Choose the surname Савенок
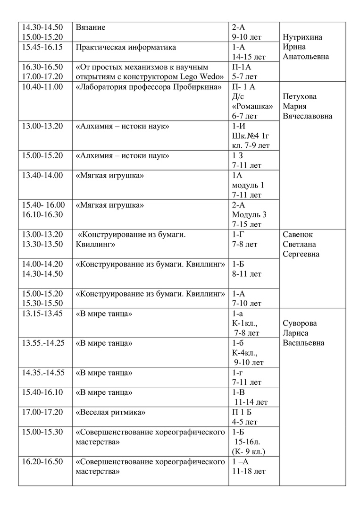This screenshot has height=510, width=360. [297, 234]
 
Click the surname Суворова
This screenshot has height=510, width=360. [300, 323]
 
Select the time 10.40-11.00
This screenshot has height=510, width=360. [42, 86]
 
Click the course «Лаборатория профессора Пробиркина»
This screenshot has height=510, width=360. [149, 86]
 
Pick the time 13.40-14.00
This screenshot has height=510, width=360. [42, 175]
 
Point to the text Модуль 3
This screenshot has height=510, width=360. [249, 214]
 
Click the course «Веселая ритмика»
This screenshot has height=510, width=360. [111, 412]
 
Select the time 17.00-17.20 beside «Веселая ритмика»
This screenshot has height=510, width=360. [42, 412]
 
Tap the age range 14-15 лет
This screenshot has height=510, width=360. [249, 57]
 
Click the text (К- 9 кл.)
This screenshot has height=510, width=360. [248, 451]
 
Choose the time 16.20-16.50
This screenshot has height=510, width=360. [42, 461]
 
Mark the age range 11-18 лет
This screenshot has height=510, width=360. [249, 471]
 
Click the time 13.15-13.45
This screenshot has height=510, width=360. [42, 314]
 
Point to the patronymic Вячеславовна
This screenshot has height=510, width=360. [307, 116]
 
